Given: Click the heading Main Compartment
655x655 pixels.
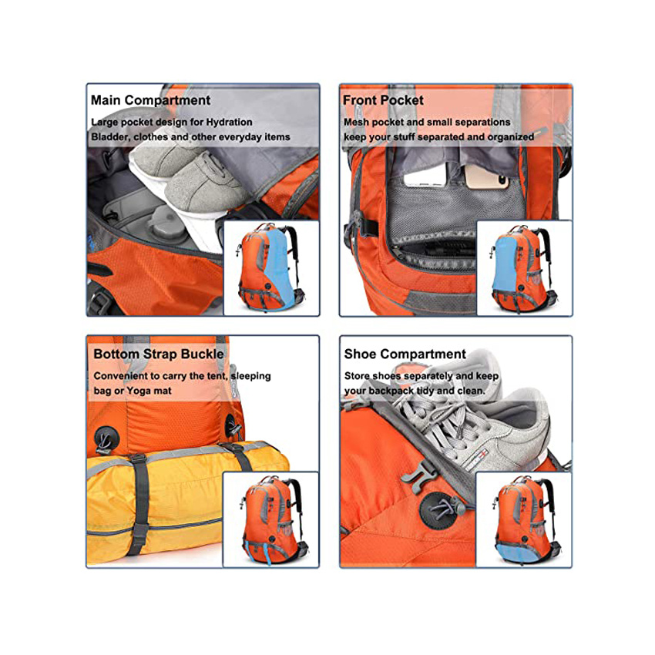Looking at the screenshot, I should tap(150, 100).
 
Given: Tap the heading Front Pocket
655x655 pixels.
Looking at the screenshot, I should tap(383, 100).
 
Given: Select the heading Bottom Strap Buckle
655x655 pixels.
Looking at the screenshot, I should tap(159, 354).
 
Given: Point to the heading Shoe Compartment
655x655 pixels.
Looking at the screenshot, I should tap(405, 354).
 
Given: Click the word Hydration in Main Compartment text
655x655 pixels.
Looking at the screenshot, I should tap(227, 122).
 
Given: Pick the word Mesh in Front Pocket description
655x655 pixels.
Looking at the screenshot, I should tap(356, 122).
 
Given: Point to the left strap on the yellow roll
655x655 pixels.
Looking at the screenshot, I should tap(138, 501).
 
